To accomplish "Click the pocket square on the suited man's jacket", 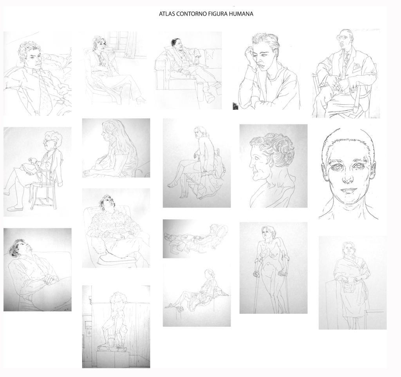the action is pyautogui.click(x=356, y=67).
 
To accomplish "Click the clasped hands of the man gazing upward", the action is pyautogui.click(x=49, y=279).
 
